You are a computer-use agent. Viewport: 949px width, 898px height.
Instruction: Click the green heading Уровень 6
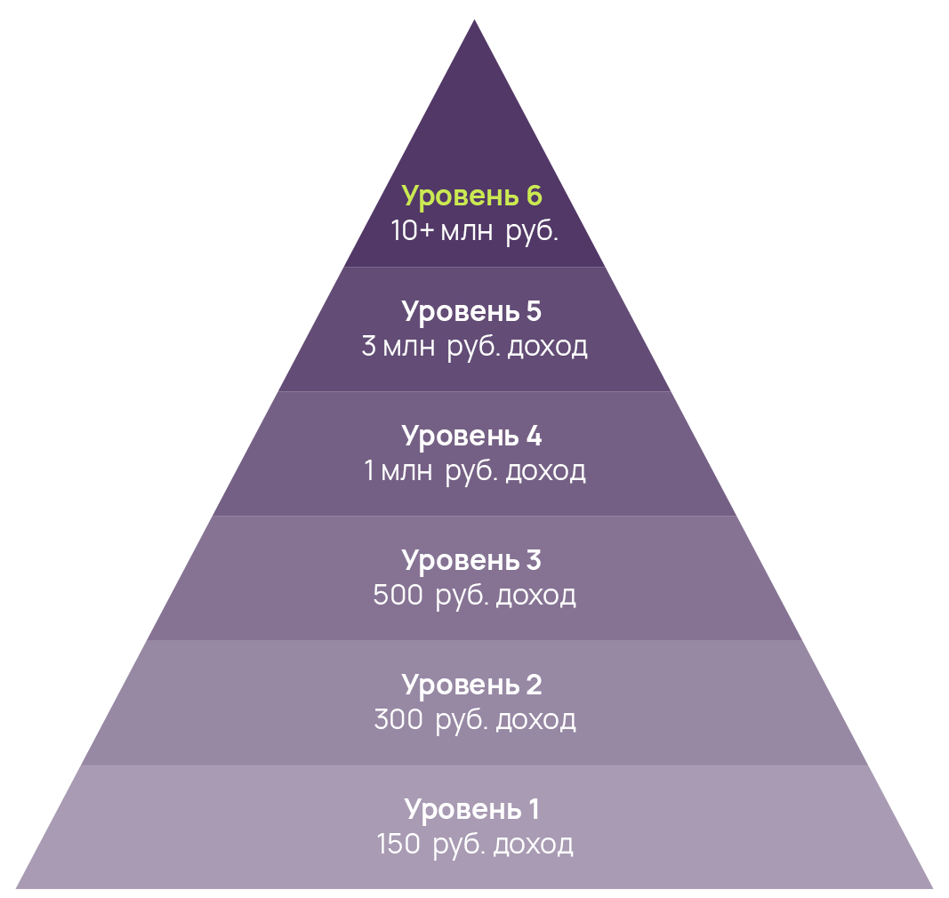pyautogui.click(x=471, y=196)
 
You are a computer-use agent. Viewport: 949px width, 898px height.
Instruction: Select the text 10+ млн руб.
pyautogui.click(x=474, y=231)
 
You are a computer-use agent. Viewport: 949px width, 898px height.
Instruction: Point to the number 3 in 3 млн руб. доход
pyautogui.click(x=369, y=347)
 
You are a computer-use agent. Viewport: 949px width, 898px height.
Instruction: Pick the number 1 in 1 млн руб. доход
pyautogui.click(x=370, y=471)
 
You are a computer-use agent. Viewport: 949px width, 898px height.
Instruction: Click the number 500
pyautogui.click(x=398, y=596)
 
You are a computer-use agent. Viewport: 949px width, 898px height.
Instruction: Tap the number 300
pyautogui.click(x=398, y=720)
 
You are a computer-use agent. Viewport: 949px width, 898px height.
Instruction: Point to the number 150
pyautogui.click(x=398, y=845)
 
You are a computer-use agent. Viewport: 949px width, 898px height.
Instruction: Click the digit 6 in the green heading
pyautogui.click(x=534, y=196)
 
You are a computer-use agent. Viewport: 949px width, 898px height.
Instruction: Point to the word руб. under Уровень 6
pyautogui.click(x=532, y=232)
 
